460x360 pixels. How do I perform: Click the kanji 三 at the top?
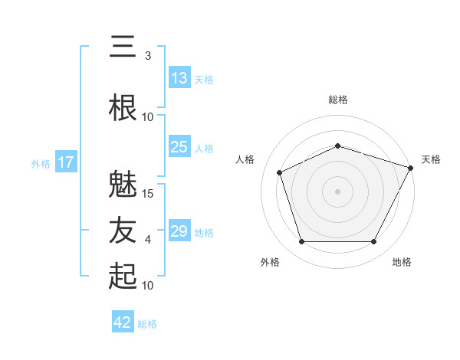click(x=123, y=46)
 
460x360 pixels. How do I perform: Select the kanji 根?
click(x=123, y=107)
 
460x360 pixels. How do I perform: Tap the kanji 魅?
click(x=123, y=184)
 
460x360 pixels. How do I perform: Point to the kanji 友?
click(x=123, y=230)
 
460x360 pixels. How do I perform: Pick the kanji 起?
click(x=123, y=276)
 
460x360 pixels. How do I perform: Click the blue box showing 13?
click(x=179, y=77)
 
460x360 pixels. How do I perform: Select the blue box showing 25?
click(x=179, y=146)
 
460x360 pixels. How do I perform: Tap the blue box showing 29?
click(x=179, y=230)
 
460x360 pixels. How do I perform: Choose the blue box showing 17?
click(x=66, y=162)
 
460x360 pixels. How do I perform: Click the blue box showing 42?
click(x=123, y=321)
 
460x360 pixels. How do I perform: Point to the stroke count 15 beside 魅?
click(x=147, y=194)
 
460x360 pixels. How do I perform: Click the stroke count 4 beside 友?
click(x=148, y=240)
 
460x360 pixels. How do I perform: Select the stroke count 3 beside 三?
click(x=148, y=56)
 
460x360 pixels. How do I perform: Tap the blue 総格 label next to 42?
click(x=147, y=324)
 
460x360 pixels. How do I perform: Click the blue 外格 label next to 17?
click(x=41, y=164)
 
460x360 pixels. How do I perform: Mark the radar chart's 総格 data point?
click(x=338, y=146)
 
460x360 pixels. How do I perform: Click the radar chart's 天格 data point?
click(x=411, y=168)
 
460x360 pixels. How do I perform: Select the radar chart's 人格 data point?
click(x=280, y=172)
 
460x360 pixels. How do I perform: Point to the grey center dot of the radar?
click(x=337, y=191)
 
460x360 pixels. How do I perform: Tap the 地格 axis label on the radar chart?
click(x=402, y=262)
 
